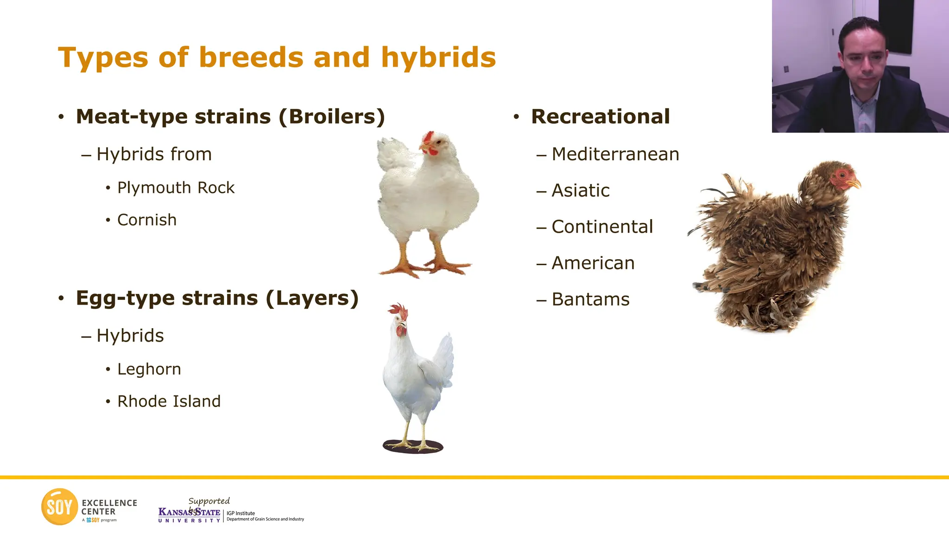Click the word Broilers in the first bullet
pos(336,117)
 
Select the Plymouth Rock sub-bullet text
pos(176,188)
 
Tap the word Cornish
pos(147,220)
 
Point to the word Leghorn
pos(149,369)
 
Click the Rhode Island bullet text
pos(169,401)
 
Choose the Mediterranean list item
pos(615,154)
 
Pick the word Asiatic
pos(580,191)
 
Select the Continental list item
pos(602,227)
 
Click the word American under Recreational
pos(593,263)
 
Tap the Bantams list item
pos(590,299)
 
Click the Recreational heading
pos(600,117)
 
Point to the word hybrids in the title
pos(438,58)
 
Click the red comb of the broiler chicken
pos(428,137)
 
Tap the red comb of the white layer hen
pos(399,311)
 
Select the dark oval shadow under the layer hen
pos(412,447)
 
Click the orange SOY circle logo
pos(59,507)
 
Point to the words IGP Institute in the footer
pos(240,513)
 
